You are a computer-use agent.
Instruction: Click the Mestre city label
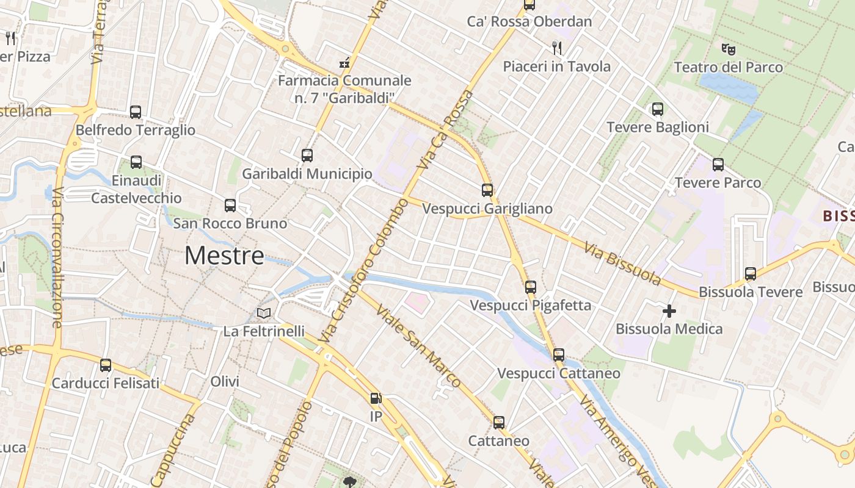tap(224, 256)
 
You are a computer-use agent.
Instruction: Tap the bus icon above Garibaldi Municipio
tap(307, 156)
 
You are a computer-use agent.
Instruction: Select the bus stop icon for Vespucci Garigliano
tap(487, 190)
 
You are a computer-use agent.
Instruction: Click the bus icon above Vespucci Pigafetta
tap(530, 287)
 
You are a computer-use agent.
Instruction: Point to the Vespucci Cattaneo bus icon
tap(558, 355)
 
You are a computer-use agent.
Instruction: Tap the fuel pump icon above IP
tap(376, 399)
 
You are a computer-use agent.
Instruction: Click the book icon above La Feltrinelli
tap(264, 314)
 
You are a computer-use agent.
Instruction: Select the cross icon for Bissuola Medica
tap(669, 311)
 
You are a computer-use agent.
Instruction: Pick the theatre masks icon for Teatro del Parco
tap(727, 49)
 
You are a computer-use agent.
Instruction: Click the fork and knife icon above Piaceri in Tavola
tap(556, 48)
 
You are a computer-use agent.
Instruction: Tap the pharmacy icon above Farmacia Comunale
tap(344, 62)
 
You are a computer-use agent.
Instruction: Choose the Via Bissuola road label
tap(622, 264)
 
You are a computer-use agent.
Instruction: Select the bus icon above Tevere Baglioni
tap(657, 109)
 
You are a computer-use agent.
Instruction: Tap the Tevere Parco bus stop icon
tap(718, 164)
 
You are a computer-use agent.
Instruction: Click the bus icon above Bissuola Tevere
tap(750, 274)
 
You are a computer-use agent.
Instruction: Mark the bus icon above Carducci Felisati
tap(106, 365)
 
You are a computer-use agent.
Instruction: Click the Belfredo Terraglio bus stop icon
tap(136, 112)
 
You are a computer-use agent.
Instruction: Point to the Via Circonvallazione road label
tap(56, 256)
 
